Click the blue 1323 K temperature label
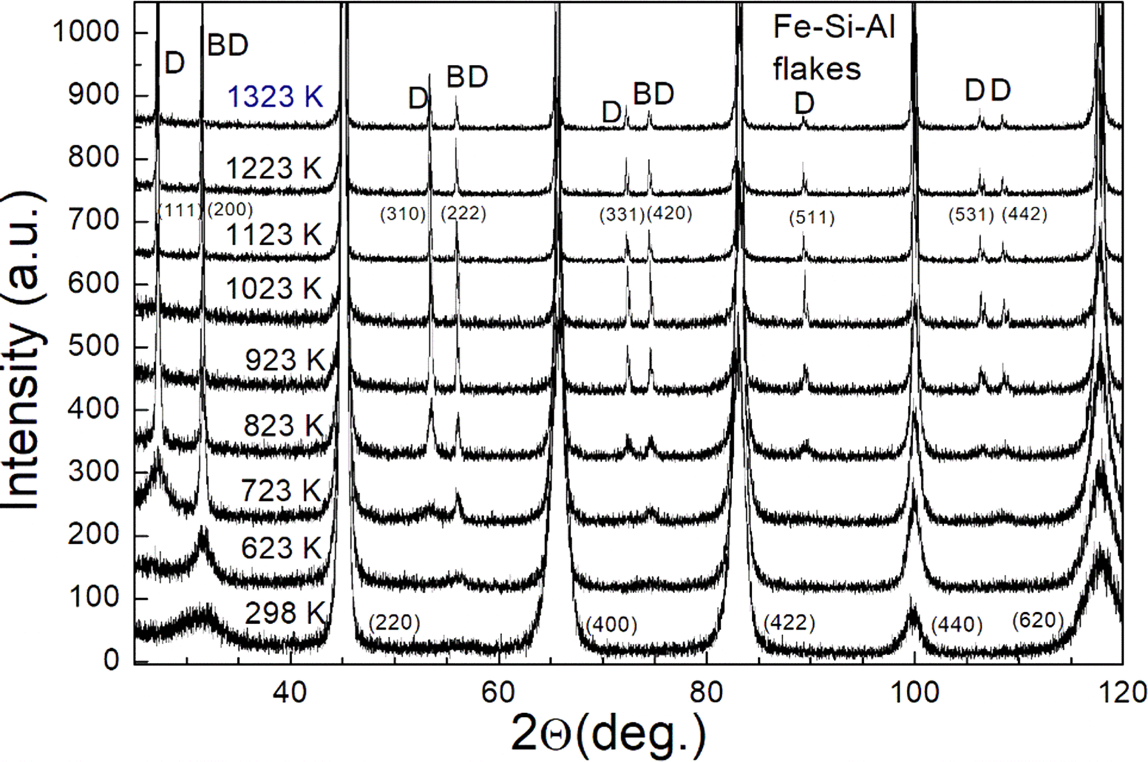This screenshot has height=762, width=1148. coord(275,97)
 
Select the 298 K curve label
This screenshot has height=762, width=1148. coord(284,613)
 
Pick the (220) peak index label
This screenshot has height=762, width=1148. coord(394,623)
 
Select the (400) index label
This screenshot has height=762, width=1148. coord(611,624)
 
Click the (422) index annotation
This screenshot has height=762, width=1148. coord(789,623)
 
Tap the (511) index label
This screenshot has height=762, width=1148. coord(812,218)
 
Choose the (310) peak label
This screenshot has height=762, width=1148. coord(403,214)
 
